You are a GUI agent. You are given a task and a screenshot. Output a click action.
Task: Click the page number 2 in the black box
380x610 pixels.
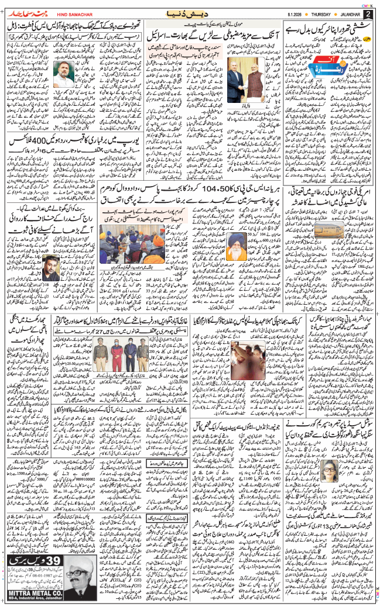tap(368, 14)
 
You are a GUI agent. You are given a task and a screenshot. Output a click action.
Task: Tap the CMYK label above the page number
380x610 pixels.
tap(367, 5)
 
